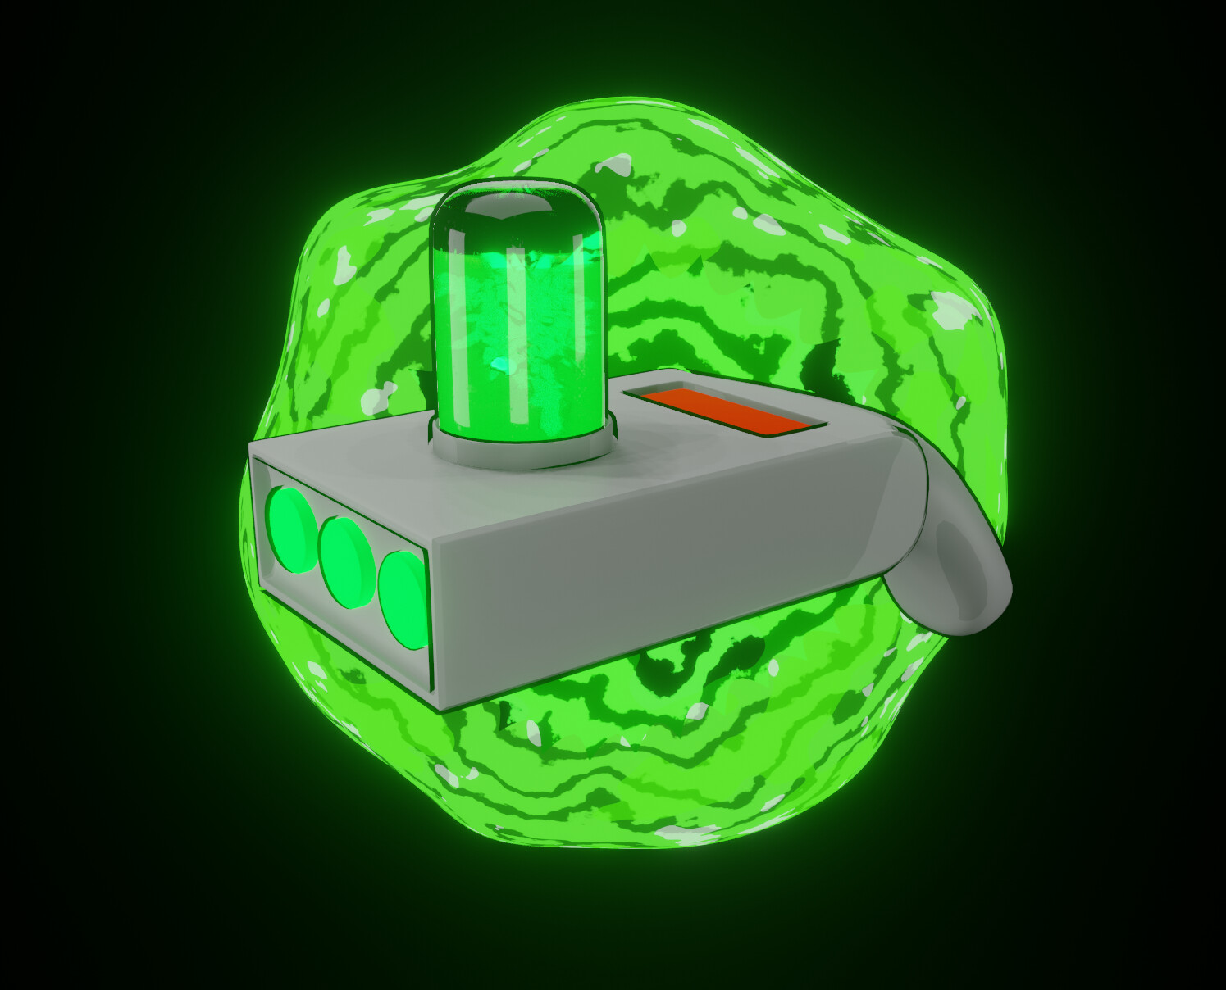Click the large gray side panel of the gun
click(x=656, y=565)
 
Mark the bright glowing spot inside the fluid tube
click(x=500, y=365)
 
